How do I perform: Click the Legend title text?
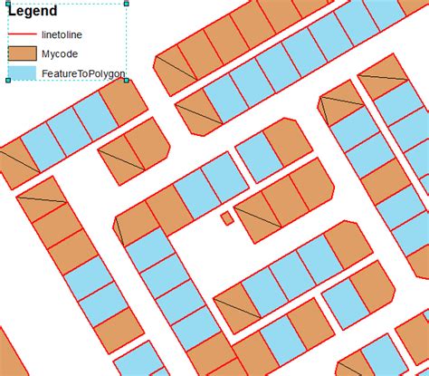pyautogui.click(x=33, y=12)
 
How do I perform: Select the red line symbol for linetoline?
pyautogui.click(x=22, y=34)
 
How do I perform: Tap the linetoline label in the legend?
pyautogui.click(x=61, y=34)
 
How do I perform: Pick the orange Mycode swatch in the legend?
pyautogui.click(x=22, y=53)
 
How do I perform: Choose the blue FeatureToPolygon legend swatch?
pyautogui.click(x=22, y=73)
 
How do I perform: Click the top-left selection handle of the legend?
pyautogui.click(x=9, y=4)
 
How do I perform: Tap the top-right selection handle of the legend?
pyautogui.click(x=126, y=4)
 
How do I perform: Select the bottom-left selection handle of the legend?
pyautogui.click(x=9, y=80)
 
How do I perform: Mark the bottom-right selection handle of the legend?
pyautogui.click(x=126, y=80)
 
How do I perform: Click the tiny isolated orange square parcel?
pyautogui.click(x=227, y=218)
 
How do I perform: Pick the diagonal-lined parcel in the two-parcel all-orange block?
pyautogui.click(x=119, y=163)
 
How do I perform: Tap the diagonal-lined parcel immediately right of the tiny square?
pyautogui.click(x=260, y=217)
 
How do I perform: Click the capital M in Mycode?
pyautogui.click(x=46, y=53)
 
